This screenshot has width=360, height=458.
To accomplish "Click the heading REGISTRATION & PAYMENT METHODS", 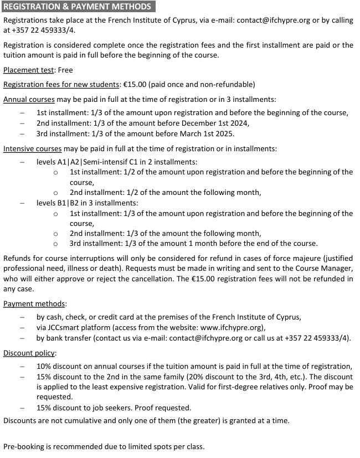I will tap(77, 7).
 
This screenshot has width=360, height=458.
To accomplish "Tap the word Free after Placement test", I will tap(65, 70).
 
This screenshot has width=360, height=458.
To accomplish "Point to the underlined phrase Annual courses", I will tap(29, 99).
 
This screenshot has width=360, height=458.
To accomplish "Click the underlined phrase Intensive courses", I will tap(32, 148).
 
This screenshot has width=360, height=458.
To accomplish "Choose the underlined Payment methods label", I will tap(34, 303).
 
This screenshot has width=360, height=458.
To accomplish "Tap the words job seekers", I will tap(110, 408).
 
